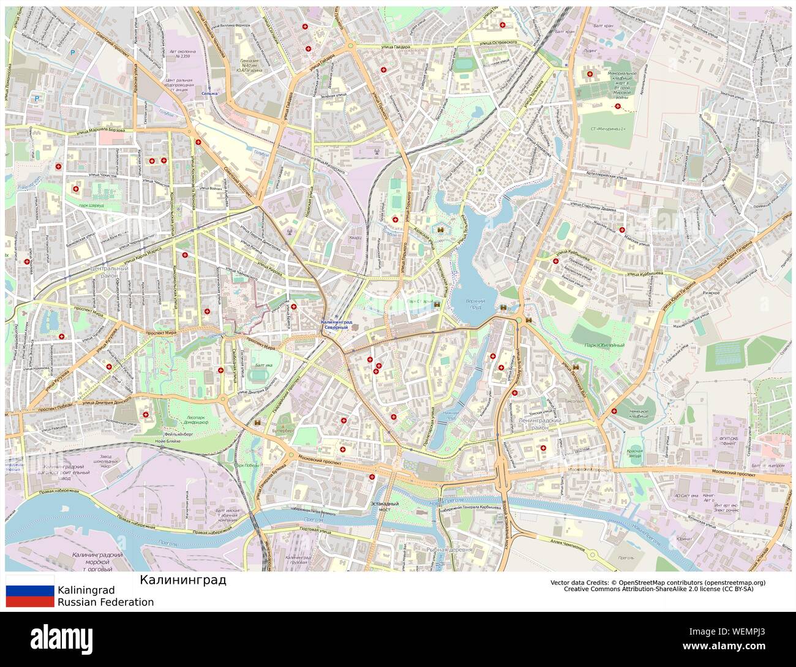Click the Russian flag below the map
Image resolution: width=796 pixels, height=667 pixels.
click(x=30, y=591)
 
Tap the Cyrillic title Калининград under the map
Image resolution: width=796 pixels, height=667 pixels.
click(x=182, y=579)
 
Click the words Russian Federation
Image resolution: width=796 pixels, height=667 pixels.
click(x=105, y=602)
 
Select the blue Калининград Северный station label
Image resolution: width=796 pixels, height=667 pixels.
click(x=336, y=325)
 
